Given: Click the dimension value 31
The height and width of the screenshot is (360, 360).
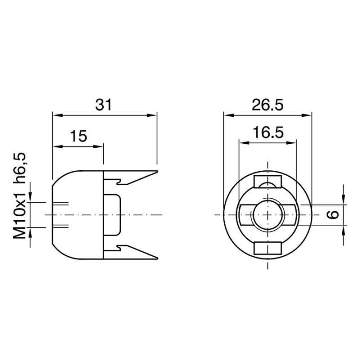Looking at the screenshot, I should (104, 105).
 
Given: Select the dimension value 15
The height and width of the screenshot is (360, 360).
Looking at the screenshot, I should (78, 136).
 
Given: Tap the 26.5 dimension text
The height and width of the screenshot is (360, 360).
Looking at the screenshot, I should (267, 105).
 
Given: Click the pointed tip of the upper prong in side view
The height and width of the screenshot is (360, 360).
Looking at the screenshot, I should (157, 171).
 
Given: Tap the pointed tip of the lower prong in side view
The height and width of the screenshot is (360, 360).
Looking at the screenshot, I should (157, 258).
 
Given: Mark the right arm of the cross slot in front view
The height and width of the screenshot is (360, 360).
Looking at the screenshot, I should (291, 215).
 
